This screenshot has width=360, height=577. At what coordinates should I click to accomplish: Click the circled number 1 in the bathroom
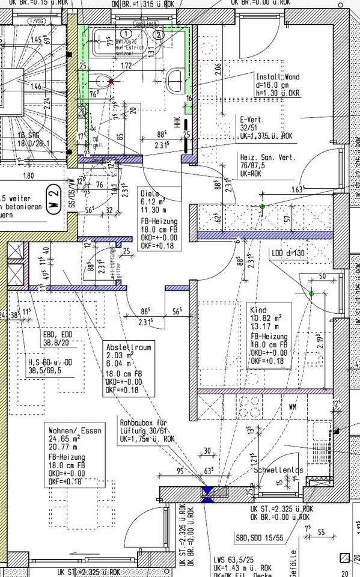point(126,34)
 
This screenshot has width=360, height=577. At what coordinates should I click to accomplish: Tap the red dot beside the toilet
point(111,80)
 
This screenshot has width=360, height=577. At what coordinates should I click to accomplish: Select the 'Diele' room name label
point(149,194)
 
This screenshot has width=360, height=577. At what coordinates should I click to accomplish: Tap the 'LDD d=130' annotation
point(288,253)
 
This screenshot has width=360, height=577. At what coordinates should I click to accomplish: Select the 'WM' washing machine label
point(293,407)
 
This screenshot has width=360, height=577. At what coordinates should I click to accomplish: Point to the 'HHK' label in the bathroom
point(177,123)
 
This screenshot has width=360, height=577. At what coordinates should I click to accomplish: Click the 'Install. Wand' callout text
point(277,78)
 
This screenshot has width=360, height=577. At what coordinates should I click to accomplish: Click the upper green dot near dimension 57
point(262,207)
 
